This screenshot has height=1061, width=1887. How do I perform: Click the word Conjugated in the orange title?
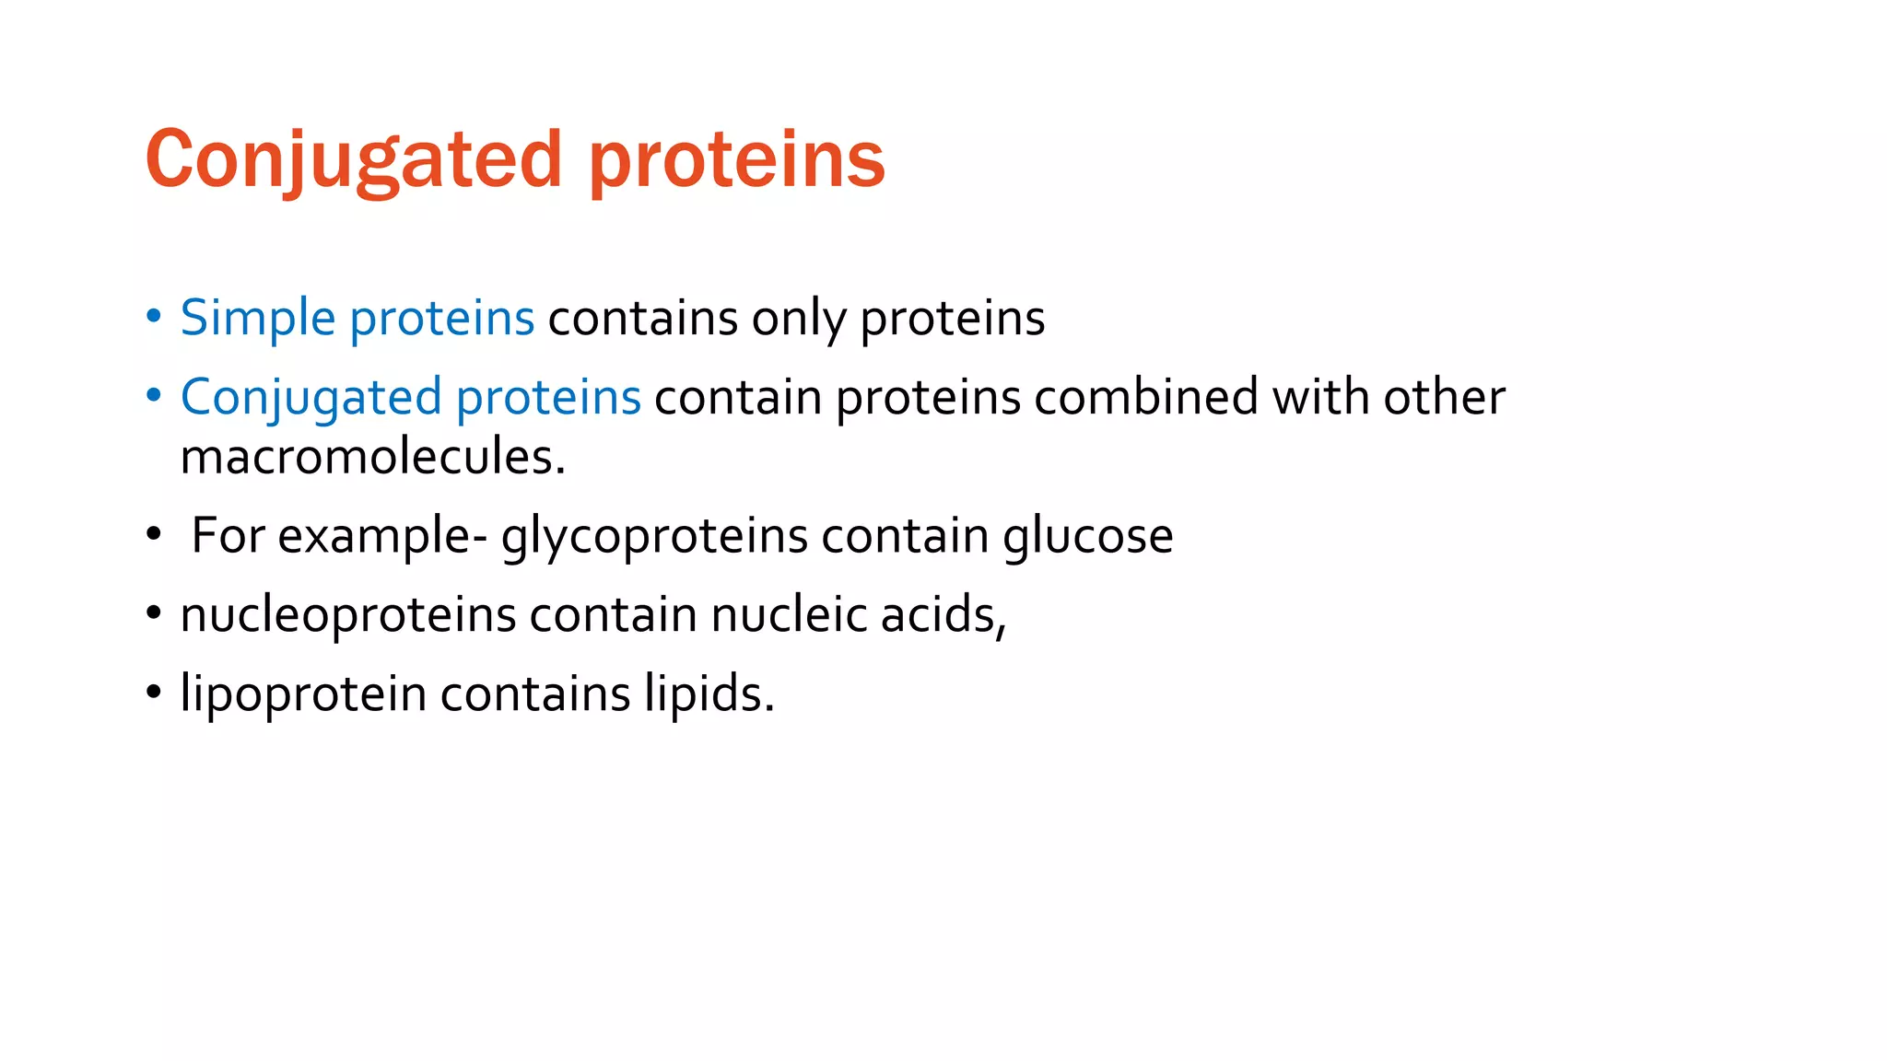point(354,159)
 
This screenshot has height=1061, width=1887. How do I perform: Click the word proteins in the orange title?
point(736,159)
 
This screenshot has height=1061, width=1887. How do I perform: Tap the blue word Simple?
point(258,318)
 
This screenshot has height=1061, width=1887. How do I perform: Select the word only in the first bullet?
point(798,318)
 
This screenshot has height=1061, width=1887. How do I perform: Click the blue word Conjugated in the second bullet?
point(311,397)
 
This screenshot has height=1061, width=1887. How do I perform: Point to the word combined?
point(1146,397)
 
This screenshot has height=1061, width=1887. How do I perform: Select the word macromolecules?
point(372,456)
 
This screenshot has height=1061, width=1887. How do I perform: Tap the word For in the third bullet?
point(229,535)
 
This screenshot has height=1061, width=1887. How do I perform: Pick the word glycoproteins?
point(654,535)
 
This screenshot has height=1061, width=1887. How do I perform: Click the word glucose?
point(1087,535)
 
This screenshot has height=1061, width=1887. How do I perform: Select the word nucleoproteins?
point(347,614)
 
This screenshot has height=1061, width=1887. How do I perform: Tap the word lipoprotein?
point(303,694)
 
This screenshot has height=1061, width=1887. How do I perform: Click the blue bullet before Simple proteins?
point(154,318)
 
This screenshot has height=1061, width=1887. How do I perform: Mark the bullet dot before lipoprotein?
point(154,694)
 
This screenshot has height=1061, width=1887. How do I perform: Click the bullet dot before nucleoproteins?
point(154,614)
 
